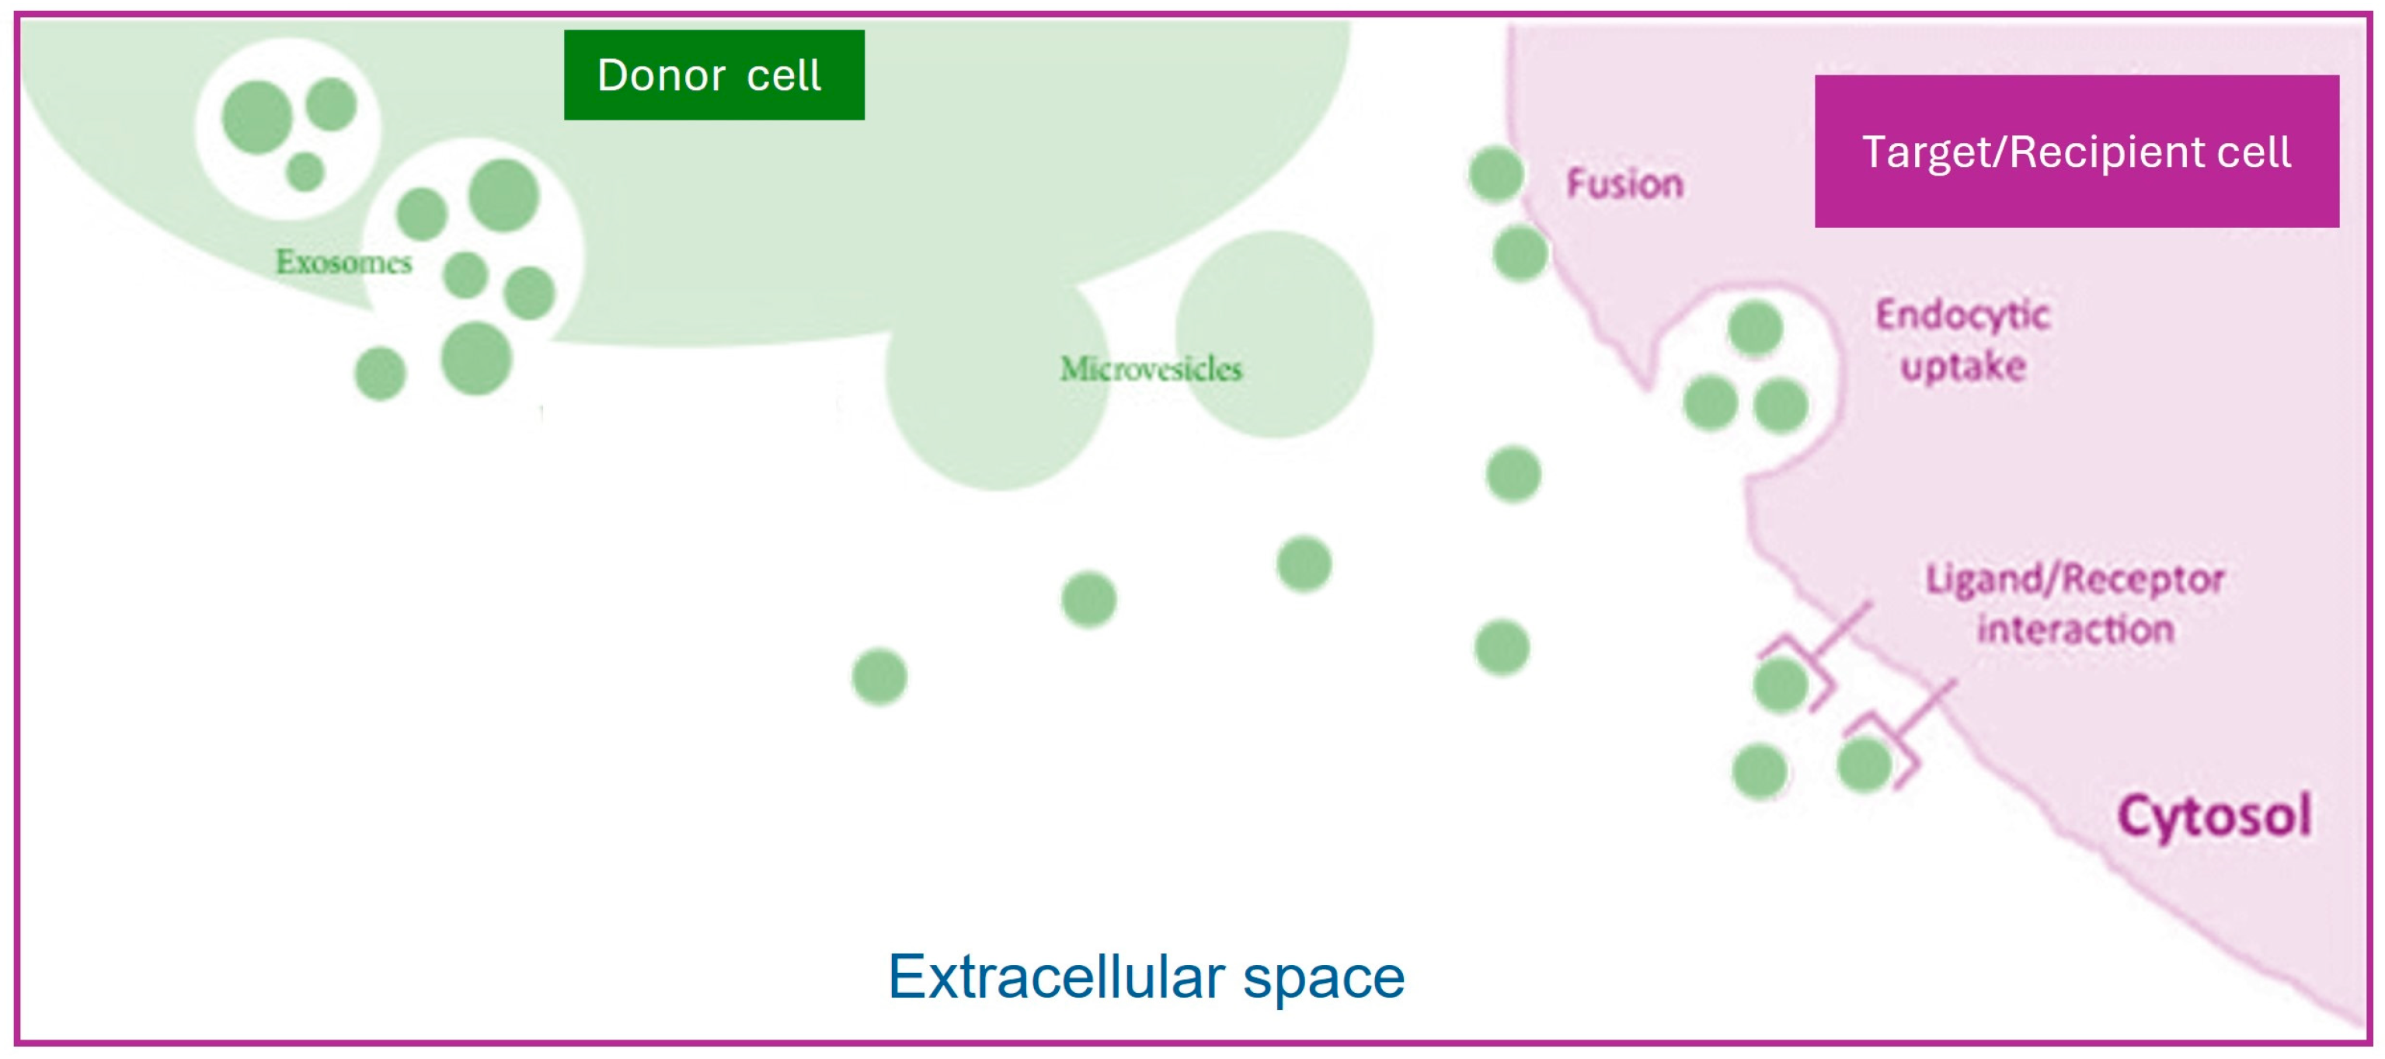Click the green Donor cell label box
click(x=714, y=75)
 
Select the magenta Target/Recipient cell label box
click(x=2076, y=151)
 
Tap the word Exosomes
click(x=343, y=262)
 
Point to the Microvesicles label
click(x=1150, y=368)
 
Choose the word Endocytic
click(x=1963, y=315)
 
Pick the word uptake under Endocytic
click(x=1963, y=367)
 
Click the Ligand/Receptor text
click(x=2075, y=580)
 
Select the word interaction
click(x=2075, y=629)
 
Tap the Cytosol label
click(x=2214, y=817)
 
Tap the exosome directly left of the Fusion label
click(x=1496, y=174)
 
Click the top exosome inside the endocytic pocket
click(x=1754, y=328)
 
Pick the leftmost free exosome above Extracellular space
click(x=879, y=677)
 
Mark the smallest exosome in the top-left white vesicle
click(x=305, y=171)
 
